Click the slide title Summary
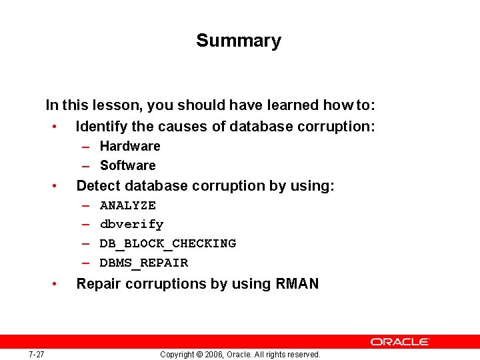[x=239, y=41]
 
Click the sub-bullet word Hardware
[x=130, y=146]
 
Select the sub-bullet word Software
[x=127, y=165]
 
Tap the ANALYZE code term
[x=128, y=205]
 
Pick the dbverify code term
[x=131, y=225]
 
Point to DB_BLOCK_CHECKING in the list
[x=168, y=243]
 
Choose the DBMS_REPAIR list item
[x=144, y=263]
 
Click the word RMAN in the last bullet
[x=297, y=284]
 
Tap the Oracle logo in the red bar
[x=400, y=341]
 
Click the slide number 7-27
[x=36, y=354]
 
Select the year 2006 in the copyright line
[x=213, y=355]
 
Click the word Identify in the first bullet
[x=101, y=127]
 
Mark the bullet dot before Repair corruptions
[x=60, y=285]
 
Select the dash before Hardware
[x=87, y=147]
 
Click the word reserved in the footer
[x=304, y=355]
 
